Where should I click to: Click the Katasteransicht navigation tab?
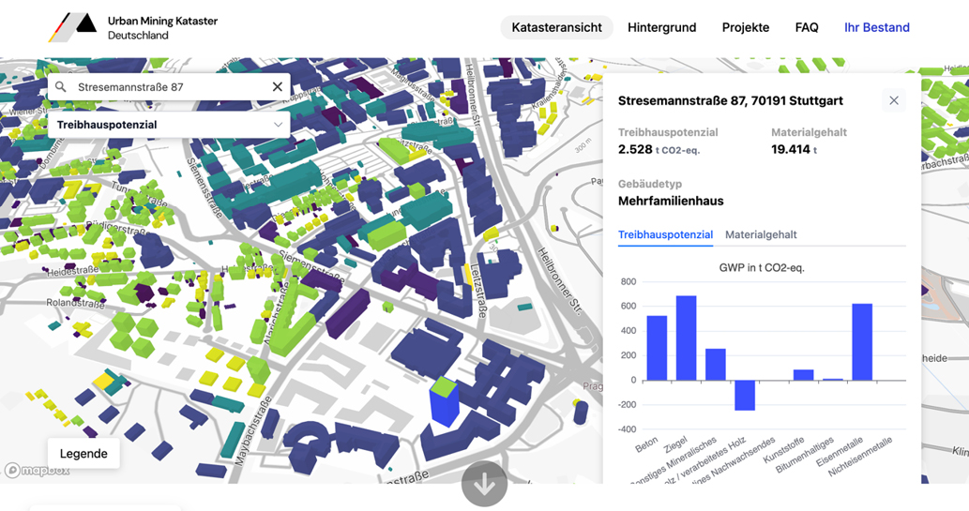coord(556,27)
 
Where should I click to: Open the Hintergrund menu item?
coord(661,27)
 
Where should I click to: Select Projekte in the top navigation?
coord(746,27)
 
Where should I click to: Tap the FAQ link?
coord(807,27)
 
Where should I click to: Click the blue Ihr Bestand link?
coord(876,27)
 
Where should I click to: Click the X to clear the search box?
coord(277,87)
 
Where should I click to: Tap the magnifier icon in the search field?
coord(61,87)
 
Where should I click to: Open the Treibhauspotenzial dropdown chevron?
coord(278,125)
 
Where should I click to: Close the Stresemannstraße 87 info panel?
coord(893,100)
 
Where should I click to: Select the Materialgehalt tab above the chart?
coord(761,234)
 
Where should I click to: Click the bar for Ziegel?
coord(686,338)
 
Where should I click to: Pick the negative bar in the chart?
coord(744,395)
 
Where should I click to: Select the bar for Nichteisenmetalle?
coord(861,341)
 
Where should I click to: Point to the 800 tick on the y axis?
coord(628,281)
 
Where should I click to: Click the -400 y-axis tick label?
coord(625,428)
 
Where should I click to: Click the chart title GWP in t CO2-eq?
coord(761,267)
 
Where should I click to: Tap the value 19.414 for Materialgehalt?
coord(790,149)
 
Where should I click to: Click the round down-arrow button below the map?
coord(484,485)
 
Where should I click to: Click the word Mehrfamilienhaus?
coord(671,201)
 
